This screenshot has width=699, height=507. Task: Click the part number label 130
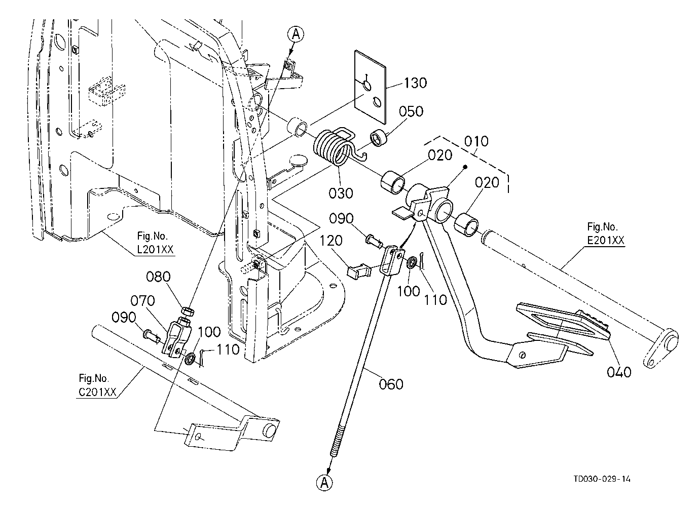click(x=416, y=83)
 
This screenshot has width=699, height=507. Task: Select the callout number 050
click(x=411, y=111)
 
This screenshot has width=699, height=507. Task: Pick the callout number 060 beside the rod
click(x=391, y=384)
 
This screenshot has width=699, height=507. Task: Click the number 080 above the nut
click(x=159, y=277)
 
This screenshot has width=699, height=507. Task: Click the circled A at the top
click(x=296, y=34)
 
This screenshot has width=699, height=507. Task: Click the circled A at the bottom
click(x=325, y=483)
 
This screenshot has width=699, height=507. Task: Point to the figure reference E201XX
click(x=605, y=241)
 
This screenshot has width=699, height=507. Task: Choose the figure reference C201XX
click(x=97, y=393)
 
